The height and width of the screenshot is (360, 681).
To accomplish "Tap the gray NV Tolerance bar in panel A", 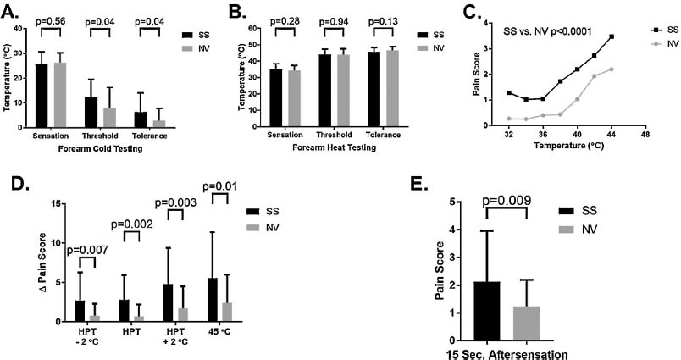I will [158, 123].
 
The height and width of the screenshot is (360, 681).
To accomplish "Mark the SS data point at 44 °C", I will [611, 36].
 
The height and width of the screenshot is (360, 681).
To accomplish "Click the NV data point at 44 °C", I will [611, 69].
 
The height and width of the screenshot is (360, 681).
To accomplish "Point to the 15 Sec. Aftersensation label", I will [507, 352].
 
